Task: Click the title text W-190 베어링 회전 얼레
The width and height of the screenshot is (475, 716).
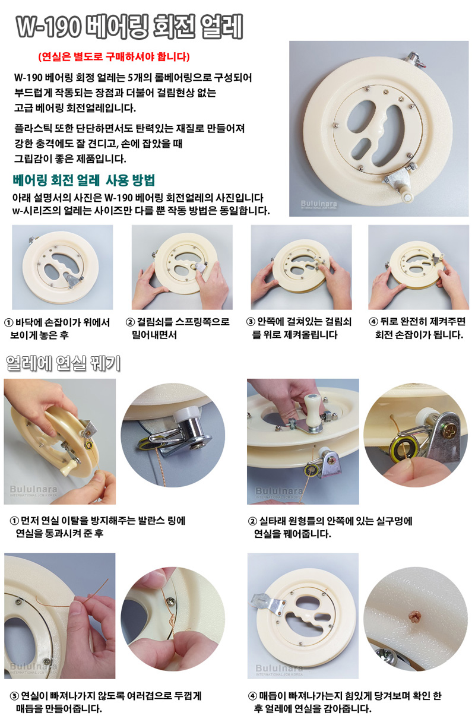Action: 129,27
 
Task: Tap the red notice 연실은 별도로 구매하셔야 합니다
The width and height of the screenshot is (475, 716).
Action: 114,57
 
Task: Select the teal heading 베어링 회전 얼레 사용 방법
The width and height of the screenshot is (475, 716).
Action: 84,180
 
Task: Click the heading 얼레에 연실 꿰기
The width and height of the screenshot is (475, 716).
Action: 64,363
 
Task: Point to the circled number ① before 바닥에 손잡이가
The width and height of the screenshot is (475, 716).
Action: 8,322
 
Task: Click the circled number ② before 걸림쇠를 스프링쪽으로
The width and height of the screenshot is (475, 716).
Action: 130,322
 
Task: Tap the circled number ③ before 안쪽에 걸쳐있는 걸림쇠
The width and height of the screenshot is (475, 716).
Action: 251,322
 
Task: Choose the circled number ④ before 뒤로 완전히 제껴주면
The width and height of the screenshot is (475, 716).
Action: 373,322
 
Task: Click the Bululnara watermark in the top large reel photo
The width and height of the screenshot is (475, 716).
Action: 319,204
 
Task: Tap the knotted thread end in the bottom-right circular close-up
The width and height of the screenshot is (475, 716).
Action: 415,615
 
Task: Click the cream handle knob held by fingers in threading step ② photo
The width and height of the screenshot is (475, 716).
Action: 312,410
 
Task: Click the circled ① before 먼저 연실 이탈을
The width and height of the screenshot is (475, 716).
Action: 14,521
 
